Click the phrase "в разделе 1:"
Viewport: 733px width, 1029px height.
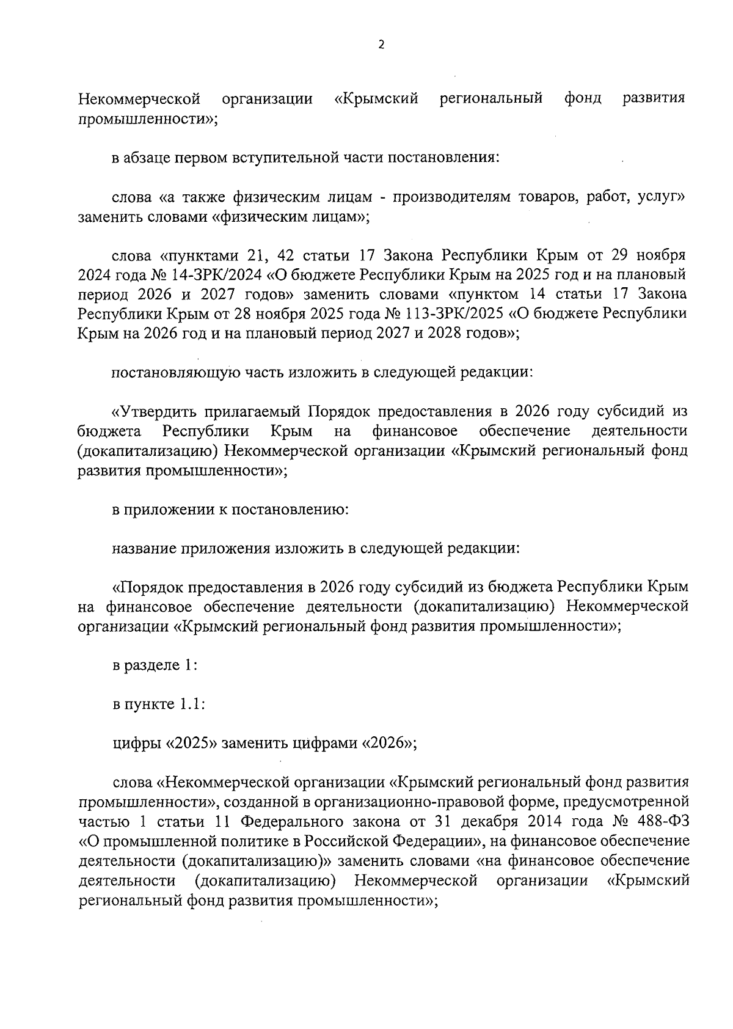(155, 665)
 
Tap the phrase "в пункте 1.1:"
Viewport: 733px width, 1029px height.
(158, 705)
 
